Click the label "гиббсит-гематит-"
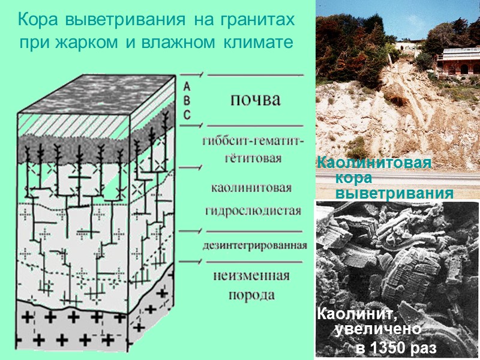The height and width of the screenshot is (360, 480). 254,142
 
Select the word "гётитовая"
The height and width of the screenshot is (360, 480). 254,158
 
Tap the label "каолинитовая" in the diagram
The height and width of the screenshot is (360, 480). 251,188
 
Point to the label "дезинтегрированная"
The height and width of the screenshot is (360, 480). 255,245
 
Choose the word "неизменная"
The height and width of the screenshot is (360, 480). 251,277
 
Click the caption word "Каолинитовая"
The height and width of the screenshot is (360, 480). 374,163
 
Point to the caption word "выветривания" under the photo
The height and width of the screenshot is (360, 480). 394,194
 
